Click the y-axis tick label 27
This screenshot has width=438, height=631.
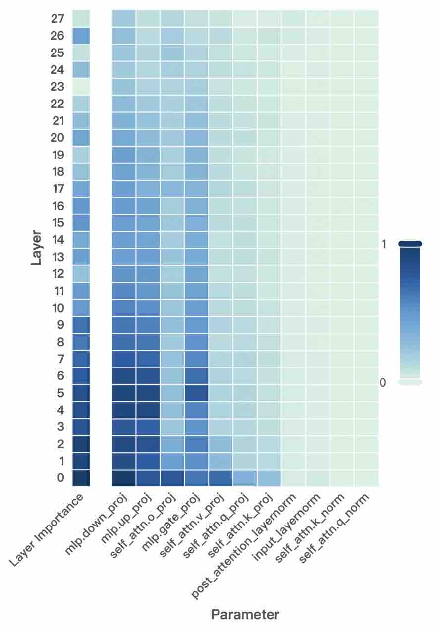click(x=57, y=19)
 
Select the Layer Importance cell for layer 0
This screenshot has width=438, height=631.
click(x=81, y=478)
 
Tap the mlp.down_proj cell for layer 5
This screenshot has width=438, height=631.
click(x=124, y=393)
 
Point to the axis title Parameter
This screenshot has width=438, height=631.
click(x=245, y=615)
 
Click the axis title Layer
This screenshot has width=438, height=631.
click(x=36, y=248)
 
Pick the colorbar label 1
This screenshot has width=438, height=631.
click(x=383, y=244)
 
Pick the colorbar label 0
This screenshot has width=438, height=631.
click(x=383, y=383)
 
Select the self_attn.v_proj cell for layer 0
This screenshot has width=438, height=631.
click(x=221, y=478)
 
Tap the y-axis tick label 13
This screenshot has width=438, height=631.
click(x=57, y=257)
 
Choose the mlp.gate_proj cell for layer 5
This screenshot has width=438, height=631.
click(x=197, y=393)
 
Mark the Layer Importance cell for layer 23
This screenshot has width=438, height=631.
click(x=81, y=87)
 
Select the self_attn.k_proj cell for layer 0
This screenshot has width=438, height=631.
click(x=269, y=478)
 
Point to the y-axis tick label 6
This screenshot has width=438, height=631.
click(x=60, y=376)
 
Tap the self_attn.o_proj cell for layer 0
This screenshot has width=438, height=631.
click(x=172, y=478)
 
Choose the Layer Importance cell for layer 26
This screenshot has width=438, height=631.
click(x=81, y=36)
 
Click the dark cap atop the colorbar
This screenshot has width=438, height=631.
click(x=410, y=243)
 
